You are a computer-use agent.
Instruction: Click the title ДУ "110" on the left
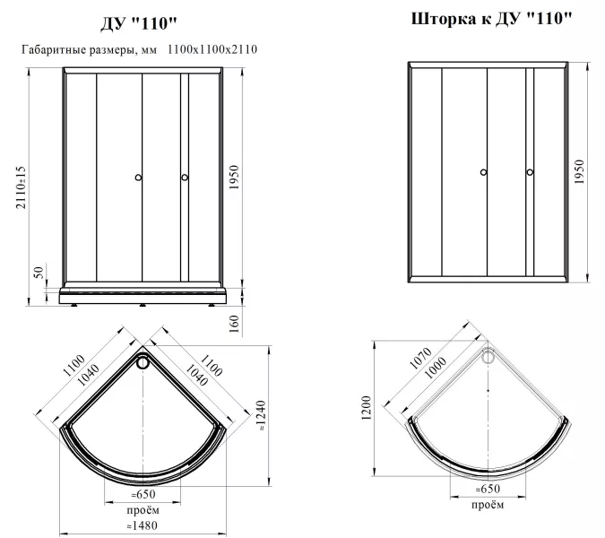pyautogui.click(x=139, y=24)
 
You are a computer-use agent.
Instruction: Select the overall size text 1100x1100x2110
pyautogui.click(x=212, y=49)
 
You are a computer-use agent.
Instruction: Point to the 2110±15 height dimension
pyautogui.click(x=21, y=187)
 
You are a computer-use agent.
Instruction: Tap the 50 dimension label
pyautogui.click(x=39, y=272)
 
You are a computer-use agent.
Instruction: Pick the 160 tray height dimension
pyautogui.click(x=234, y=324)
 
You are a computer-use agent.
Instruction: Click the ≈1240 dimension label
pyautogui.click(x=262, y=416)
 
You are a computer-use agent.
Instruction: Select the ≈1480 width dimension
pyautogui.click(x=142, y=525)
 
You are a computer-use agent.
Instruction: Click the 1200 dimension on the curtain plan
pyautogui.click(x=367, y=408)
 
